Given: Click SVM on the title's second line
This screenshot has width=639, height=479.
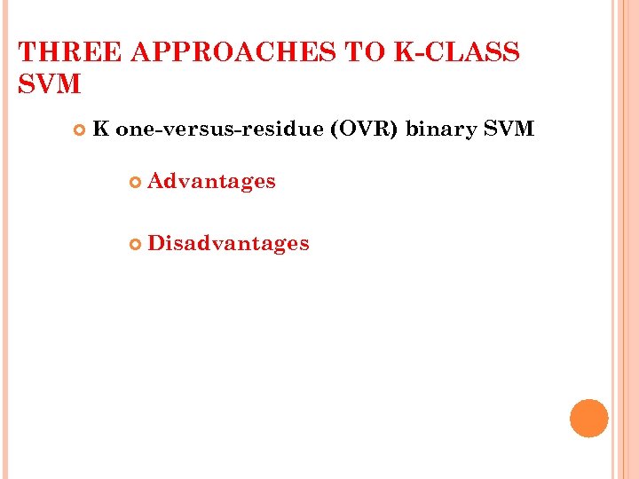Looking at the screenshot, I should (x=49, y=85).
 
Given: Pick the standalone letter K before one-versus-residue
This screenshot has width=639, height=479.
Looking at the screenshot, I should (x=100, y=130).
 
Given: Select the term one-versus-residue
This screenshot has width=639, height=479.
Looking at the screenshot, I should (x=219, y=130).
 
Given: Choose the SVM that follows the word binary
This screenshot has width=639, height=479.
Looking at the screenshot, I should (x=509, y=130).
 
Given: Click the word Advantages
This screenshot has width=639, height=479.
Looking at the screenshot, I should (x=211, y=182).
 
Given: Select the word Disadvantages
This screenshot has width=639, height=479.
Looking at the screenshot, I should (x=228, y=243).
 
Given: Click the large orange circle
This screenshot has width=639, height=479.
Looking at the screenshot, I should (x=588, y=419).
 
